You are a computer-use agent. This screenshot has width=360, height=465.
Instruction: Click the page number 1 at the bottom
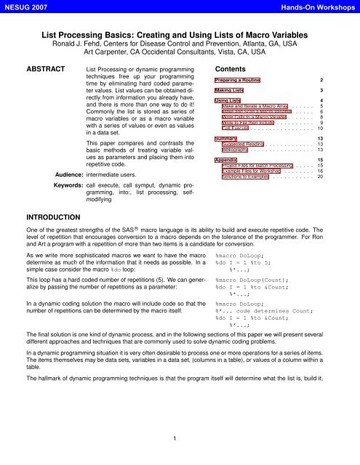[180, 438]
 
